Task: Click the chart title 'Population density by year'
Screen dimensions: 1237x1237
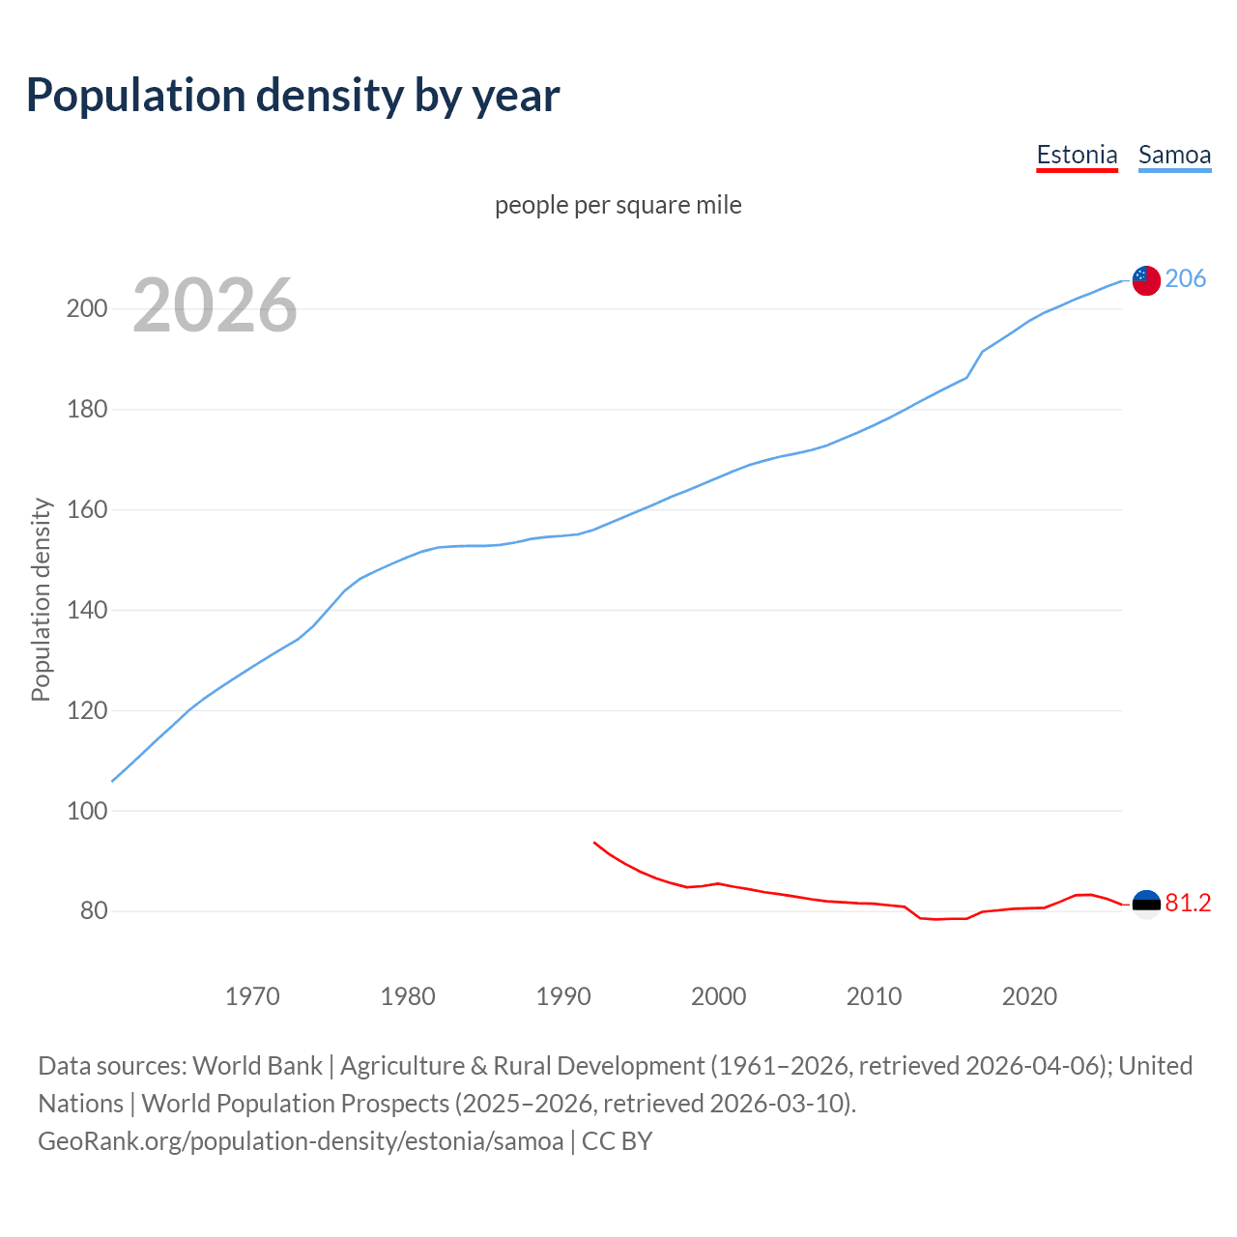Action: (293, 96)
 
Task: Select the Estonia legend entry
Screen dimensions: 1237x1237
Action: (1077, 155)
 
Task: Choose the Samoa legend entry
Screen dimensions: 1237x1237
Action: (1174, 155)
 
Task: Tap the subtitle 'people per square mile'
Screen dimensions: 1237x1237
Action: (618, 205)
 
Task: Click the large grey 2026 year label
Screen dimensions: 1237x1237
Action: (215, 305)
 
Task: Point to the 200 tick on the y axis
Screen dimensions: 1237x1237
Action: (86, 309)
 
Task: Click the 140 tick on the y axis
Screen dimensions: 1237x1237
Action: (86, 610)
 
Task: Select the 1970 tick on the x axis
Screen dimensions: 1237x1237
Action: (252, 996)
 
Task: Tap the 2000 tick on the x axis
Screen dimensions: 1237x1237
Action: (718, 996)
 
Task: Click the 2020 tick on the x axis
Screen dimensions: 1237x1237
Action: (1029, 996)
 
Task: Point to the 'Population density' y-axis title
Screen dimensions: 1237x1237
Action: (41, 599)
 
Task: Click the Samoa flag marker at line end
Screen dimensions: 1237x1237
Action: (1146, 280)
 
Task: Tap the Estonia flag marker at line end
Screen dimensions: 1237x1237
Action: (1146, 905)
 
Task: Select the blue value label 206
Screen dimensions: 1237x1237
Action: (1186, 279)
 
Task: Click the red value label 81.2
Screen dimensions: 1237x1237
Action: (1188, 903)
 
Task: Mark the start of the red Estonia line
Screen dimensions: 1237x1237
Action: (594, 843)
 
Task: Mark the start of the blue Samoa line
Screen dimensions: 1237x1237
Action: (113, 781)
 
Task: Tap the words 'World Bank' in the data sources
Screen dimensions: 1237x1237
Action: (257, 1066)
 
